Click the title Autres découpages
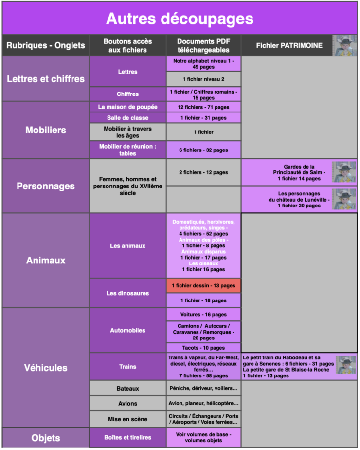[180, 19]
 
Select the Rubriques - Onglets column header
[46, 46]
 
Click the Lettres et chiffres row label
[46, 79]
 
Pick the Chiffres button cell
[127, 94]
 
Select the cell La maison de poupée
[127, 107]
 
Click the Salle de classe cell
[127, 118]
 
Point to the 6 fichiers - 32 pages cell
[203, 150]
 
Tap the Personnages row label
[46, 186]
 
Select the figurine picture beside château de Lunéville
[344, 199]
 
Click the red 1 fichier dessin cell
[203, 286]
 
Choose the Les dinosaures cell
[127, 293]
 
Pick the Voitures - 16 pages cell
[203, 315]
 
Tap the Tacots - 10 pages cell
[203, 348]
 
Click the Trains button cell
[127, 366]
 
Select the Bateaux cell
[127, 388]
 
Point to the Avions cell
[127, 403]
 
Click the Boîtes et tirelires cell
[127, 437]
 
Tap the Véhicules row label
[46, 368]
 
